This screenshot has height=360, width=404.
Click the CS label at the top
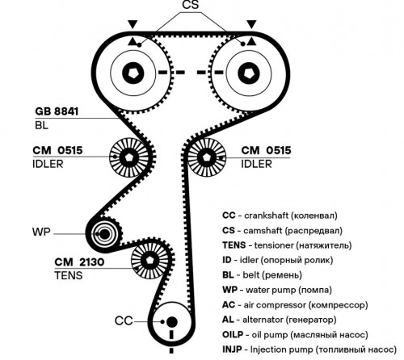(x=191, y=5)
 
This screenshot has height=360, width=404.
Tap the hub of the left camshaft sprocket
(x=133, y=73)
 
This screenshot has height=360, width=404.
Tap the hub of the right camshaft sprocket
(x=249, y=73)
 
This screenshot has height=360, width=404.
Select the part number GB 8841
(x=57, y=111)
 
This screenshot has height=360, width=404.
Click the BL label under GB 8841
(x=41, y=125)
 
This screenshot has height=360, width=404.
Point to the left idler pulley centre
(x=128, y=157)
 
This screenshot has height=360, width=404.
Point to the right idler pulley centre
(x=207, y=157)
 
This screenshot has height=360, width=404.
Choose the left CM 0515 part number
(x=57, y=150)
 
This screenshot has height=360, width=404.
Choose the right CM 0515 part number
(x=266, y=150)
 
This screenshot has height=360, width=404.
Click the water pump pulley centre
(x=104, y=234)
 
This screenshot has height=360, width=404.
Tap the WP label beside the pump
(x=41, y=232)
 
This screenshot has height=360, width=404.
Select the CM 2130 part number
(x=79, y=262)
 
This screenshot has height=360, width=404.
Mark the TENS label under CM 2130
(x=69, y=275)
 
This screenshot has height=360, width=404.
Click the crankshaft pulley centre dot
(x=171, y=321)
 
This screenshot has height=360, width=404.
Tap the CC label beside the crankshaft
(x=124, y=320)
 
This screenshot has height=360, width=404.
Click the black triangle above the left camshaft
(x=133, y=24)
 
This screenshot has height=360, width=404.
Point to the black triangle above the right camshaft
(x=251, y=24)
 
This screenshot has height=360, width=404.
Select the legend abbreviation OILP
(x=233, y=335)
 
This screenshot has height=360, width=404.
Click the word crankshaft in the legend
(x=267, y=216)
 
